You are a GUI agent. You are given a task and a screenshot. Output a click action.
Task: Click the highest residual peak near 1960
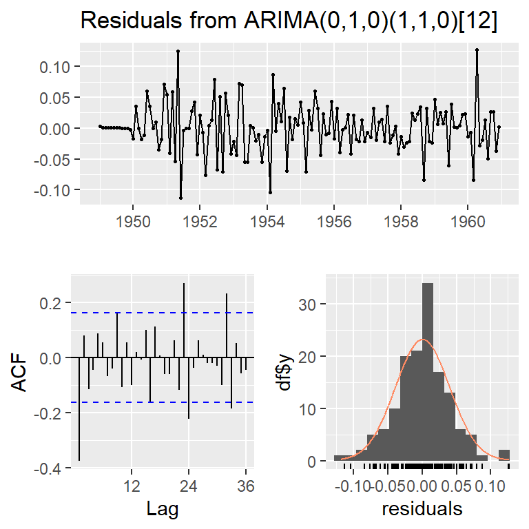click(477, 50)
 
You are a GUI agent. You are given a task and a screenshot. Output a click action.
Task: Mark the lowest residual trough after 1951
click(180, 198)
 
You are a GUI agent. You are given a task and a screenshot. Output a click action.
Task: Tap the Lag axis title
click(164, 509)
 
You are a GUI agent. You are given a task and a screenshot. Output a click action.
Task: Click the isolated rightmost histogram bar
click(504, 455)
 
